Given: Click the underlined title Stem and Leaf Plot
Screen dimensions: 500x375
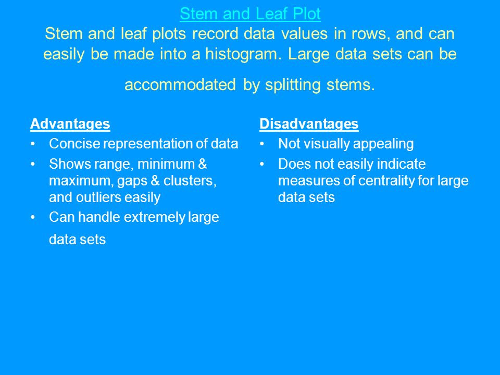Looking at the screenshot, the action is pos(250,14).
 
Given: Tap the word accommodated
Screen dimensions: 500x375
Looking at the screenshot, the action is pos(180,85).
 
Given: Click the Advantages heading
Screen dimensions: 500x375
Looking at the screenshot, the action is pos(70,124).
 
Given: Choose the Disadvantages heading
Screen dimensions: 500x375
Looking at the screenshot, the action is pos(309,124).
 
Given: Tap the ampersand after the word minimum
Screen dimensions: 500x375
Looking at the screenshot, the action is pos(203,164).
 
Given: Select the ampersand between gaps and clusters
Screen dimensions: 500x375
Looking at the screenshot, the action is pos(155,181).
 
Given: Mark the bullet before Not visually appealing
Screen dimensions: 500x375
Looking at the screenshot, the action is pos(262,144).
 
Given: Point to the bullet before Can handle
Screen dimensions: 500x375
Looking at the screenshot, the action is pos(32,218).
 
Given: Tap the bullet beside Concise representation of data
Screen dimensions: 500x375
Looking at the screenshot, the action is pos(32,144).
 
